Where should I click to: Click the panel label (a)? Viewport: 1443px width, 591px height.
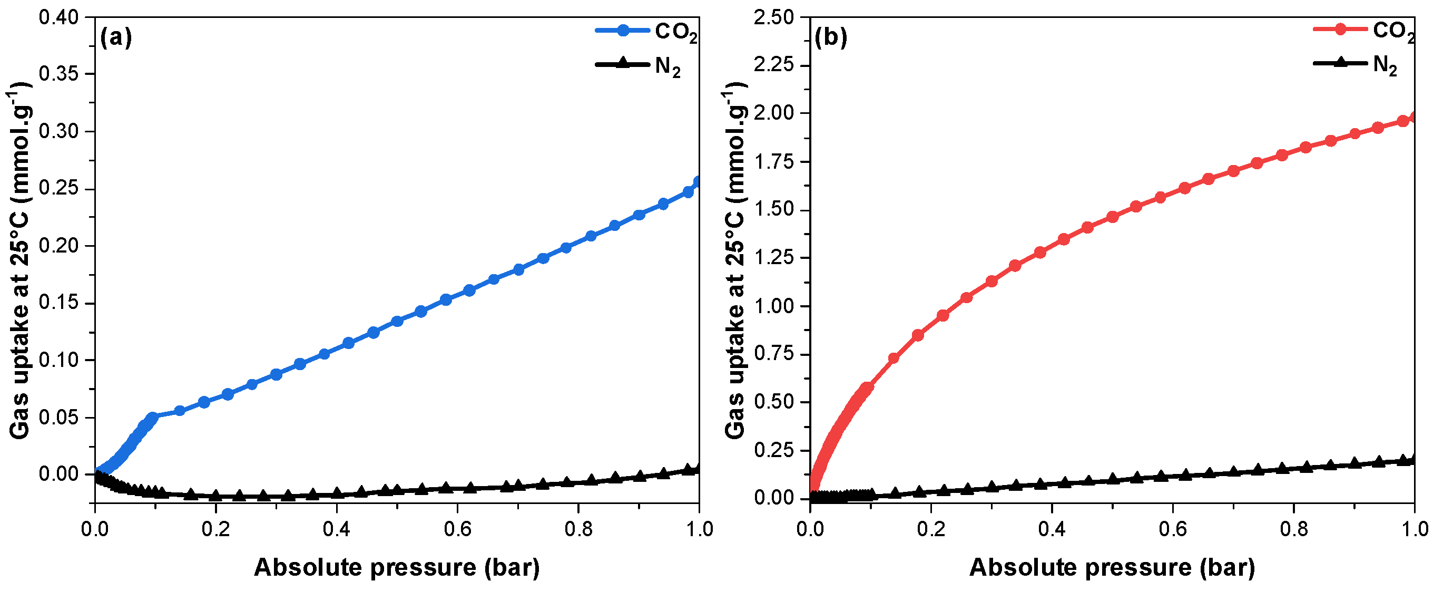(115, 37)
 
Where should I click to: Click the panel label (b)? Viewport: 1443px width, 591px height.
(830, 37)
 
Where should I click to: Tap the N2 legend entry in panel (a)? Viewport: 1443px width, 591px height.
(639, 65)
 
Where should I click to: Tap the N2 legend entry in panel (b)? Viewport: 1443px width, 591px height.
(1356, 64)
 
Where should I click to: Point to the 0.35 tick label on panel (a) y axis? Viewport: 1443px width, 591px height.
(58, 74)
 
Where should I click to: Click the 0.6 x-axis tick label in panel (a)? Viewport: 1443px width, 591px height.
(458, 529)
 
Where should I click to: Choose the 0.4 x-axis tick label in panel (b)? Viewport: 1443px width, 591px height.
(1052, 529)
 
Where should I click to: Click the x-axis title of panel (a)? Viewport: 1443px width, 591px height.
(397, 567)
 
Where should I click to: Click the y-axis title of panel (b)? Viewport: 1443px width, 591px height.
(735, 261)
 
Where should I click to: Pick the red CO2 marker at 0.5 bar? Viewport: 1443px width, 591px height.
(1113, 217)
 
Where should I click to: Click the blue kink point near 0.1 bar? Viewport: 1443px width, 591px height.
(152, 417)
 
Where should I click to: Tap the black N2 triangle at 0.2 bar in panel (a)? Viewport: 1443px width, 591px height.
(216, 495)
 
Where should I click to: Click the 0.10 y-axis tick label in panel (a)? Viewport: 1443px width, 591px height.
(58, 360)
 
